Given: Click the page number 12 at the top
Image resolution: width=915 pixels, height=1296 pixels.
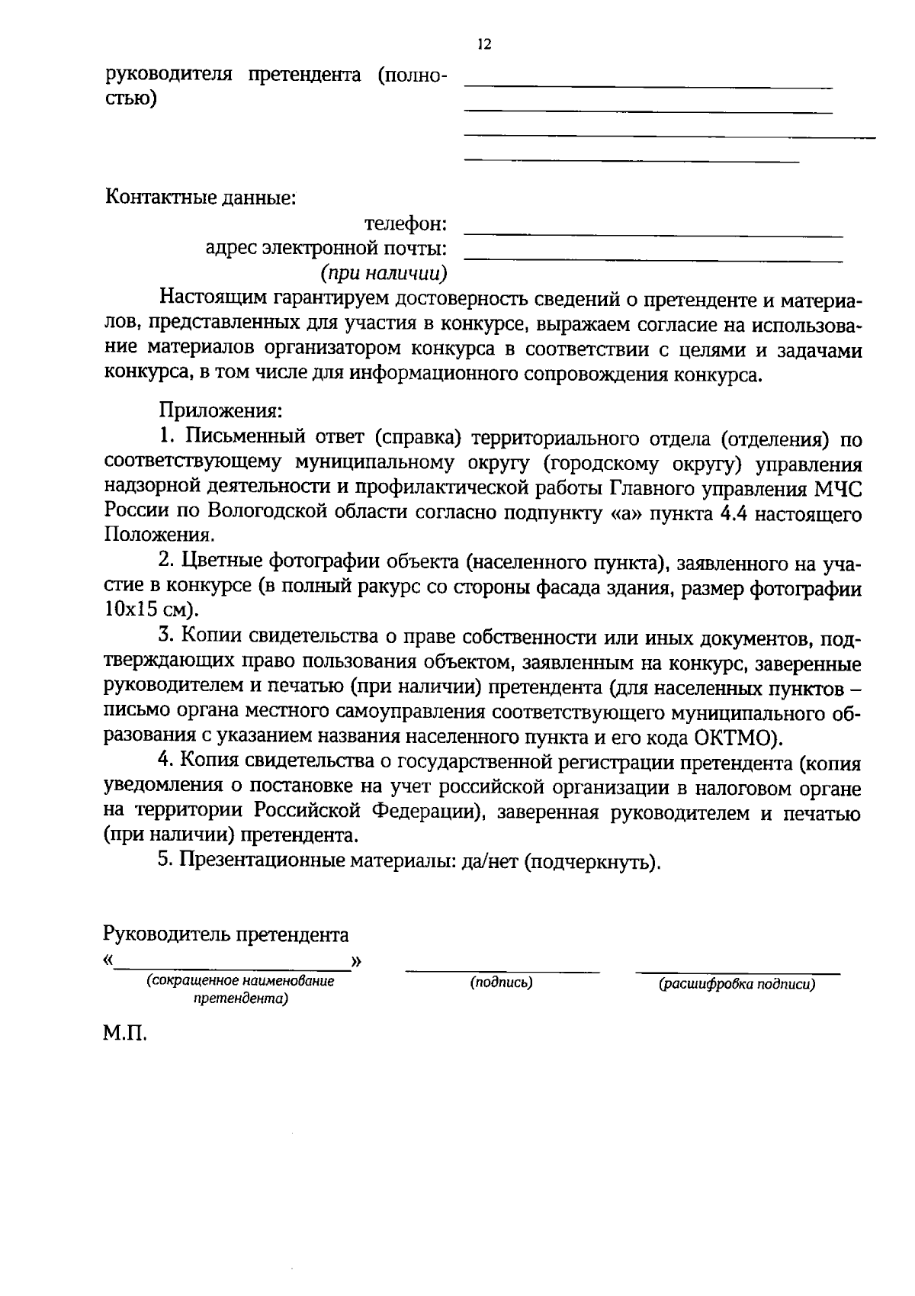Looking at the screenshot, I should [x=483, y=44].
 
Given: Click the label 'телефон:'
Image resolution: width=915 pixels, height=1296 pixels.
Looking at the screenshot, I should [x=405, y=224].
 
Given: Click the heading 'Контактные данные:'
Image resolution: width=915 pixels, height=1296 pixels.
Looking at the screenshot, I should [x=200, y=198].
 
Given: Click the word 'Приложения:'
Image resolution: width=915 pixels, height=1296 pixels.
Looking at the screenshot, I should [x=220, y=410].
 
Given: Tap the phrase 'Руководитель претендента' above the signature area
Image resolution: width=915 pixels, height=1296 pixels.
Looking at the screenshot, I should [x=226, y=934].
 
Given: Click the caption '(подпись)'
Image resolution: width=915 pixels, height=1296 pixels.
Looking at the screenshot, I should [x=501, y=982].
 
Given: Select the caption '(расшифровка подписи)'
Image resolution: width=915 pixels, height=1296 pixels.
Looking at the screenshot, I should [x=737, y=984].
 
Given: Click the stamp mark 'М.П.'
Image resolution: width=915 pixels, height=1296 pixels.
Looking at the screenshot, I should [x=124, y=1034].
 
